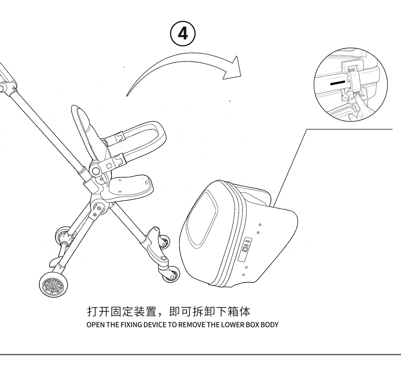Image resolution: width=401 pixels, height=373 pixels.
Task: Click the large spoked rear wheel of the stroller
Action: [53, 285]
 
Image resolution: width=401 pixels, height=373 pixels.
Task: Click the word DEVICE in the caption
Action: [155, 324]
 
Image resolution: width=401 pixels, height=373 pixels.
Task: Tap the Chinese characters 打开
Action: [98, 311]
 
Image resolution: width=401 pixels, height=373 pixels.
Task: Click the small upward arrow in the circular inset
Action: [354, 108]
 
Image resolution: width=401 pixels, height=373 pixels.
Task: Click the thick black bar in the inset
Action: [338, 83]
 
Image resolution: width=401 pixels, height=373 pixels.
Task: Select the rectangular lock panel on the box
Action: [245, 249]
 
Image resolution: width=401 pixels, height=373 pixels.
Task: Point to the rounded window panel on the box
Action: [202, 220]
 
